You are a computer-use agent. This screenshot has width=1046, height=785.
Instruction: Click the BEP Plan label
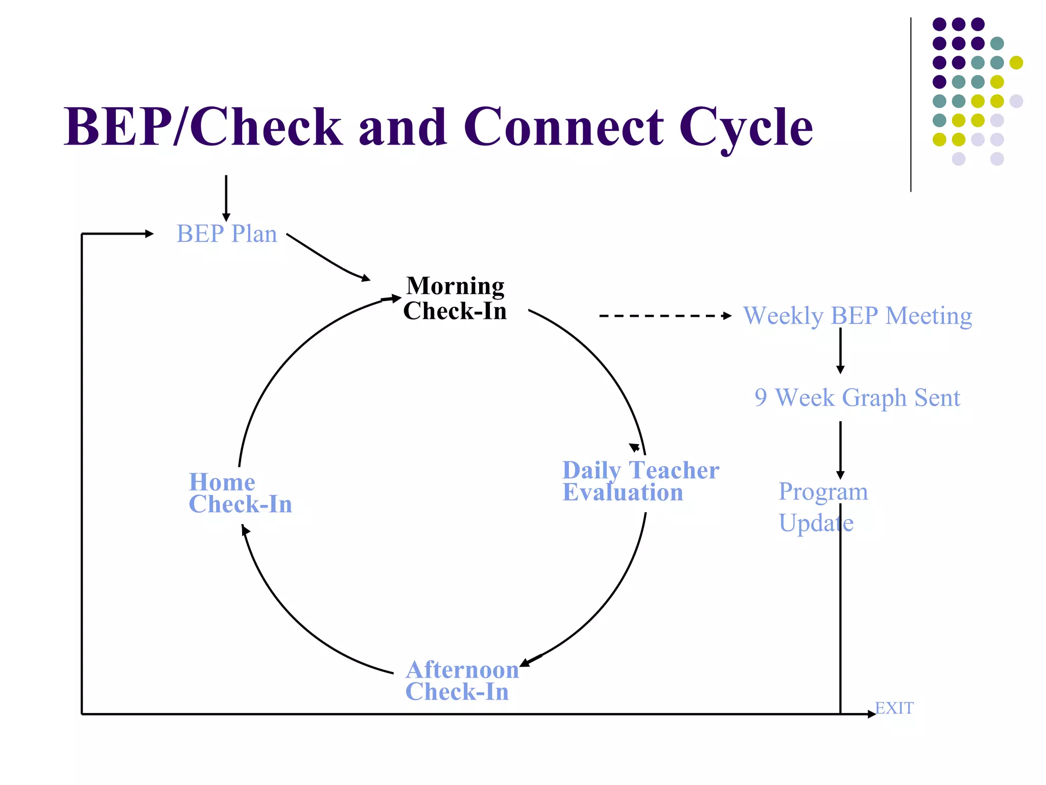[x=227, y=234]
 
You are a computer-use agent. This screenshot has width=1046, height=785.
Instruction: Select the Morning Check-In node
[x=455, y=298]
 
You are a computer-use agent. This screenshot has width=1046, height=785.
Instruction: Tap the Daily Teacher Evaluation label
[x=640, y=481]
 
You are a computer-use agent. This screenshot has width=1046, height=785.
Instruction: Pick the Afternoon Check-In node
[x=462, y=681]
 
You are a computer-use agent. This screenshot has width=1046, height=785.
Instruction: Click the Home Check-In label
[x=240, y=493]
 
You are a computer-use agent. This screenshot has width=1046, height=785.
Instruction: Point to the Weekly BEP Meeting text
[x=857, y=316]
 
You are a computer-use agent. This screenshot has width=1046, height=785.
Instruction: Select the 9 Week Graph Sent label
[x=857, y=398]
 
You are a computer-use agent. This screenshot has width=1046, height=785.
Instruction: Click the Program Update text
[x=822, y=507]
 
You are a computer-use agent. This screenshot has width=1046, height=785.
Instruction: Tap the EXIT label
[x=894, y=708]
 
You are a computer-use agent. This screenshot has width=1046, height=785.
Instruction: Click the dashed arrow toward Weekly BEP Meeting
[x=664, y=316]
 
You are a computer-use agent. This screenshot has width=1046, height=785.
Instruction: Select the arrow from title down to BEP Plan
[x=226, y=197]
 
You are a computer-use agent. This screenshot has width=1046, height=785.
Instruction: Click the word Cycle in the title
[x=746, y=128]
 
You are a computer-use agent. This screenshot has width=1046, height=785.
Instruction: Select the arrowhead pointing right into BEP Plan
[x=149, y=234]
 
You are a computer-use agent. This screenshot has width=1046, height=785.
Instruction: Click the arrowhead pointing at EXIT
[x=871, y=714]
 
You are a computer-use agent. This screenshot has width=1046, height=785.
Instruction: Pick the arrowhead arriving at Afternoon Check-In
[x=526, y=662]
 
